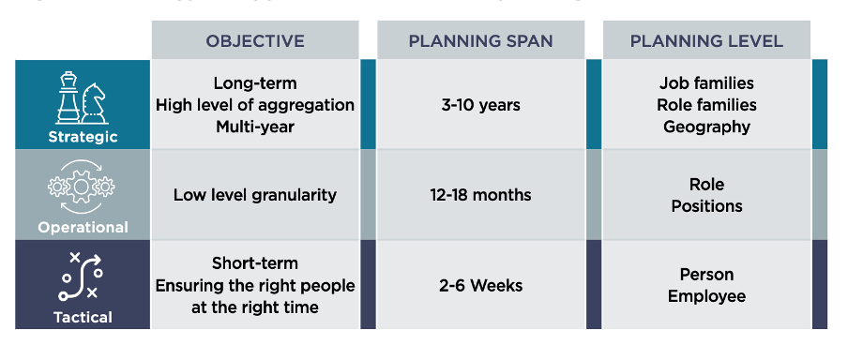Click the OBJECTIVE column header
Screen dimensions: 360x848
click(255, 41)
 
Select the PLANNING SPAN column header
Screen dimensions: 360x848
click(480, 41)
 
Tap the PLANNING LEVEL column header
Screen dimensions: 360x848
click(706, 41)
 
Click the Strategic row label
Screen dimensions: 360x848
click(83, 137)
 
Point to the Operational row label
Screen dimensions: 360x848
click(83, 227)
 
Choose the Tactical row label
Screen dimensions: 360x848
click(83, 317)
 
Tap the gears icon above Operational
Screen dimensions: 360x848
click(82, 187)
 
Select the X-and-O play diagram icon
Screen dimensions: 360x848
click(81, 277)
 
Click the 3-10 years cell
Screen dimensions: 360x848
click(480, 105)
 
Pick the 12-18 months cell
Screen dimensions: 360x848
click(480, 195)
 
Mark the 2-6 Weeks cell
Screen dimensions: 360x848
click(480, 285)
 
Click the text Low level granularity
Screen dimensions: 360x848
click(255, 195)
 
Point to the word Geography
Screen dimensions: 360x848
click(706, 127)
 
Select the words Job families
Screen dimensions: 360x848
click(706, 83)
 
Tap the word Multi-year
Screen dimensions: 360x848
click(255, 127)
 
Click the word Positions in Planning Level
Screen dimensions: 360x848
click(706, 206)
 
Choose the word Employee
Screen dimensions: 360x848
click(706, 296)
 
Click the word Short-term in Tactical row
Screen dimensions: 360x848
click(255, 263)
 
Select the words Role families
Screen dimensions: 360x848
click(706, 105)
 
